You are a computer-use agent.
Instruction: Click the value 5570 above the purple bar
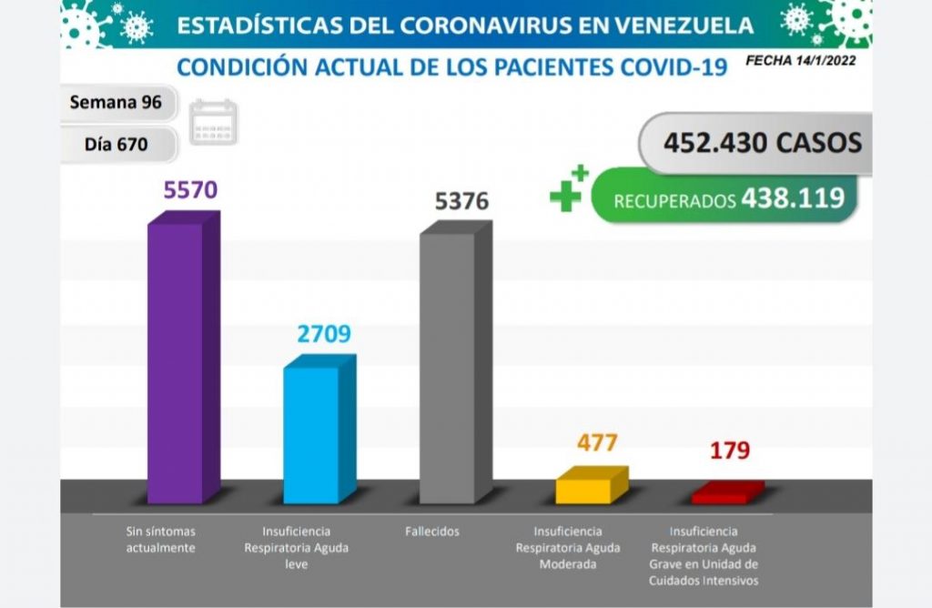tap(190, 190)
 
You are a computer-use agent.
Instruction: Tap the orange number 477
tap(597, 443)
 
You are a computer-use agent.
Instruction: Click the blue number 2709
tap(324, 333)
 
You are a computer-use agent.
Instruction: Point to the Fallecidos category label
tap(434, 532)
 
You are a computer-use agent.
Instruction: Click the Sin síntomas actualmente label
tap(161, 539)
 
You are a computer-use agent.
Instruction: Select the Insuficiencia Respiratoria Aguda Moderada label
tap(568, 547)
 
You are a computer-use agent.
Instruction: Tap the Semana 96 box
tap(116, 102)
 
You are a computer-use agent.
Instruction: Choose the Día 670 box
tap(116, 143)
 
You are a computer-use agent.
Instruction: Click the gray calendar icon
tap(213, 122)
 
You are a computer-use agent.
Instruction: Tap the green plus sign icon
tap(568, 188)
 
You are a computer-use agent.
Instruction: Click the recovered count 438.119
tap(792, 198)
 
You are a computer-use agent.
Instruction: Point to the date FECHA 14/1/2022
tap(800, 62)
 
